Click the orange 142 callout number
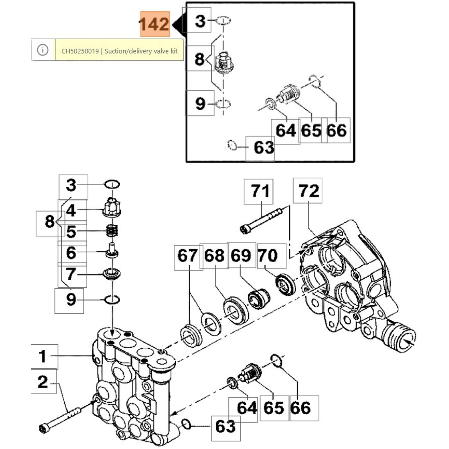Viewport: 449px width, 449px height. (155, 24)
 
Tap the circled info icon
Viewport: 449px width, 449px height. (43, 50)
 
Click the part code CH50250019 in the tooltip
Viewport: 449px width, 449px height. (80, 51)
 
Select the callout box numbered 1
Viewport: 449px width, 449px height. (44, 356)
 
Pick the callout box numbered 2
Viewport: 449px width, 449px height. (43, 382)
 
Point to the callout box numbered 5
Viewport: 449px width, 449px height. (72, 232)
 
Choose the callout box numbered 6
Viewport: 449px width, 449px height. (72, 252)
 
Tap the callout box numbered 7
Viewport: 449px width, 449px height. (72, 274)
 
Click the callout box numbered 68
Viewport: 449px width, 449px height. (214, 256)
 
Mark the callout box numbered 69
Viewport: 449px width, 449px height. (241, 255)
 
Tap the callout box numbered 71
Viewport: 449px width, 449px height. (258, 191)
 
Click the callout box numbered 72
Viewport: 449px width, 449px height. (308, 190)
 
